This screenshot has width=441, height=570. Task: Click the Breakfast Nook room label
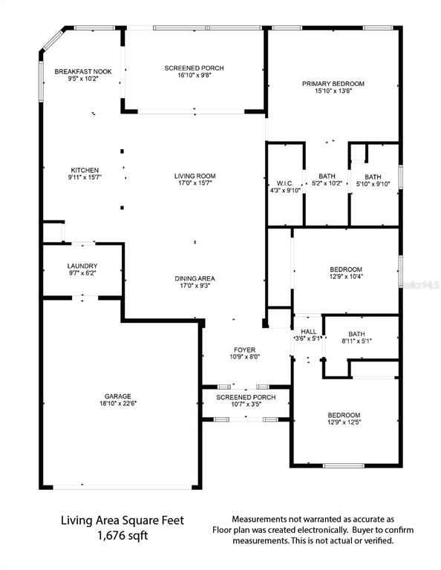pyautogui.click(x=83, y=71)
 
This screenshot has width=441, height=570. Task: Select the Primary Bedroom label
pyautogui.click(x=332, y=83)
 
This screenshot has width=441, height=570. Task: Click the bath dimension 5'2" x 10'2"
pyautogui.click(x=327, y=183)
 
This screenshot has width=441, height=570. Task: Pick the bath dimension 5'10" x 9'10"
pyautogui.click(x=373, y=183)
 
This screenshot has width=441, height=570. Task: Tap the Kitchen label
pyautogui.click(x=85, y=170)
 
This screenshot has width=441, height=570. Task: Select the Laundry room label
pyautogui.click(x=82, y=266)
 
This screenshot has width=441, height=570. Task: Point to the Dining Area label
pyautogui.click(x=195, y=278)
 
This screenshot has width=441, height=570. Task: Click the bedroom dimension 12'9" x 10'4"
pyautogui.click(x=346, y=277)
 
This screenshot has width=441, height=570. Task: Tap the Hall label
pyautogui.click(x=309, y=331)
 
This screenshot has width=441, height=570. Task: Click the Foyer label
pyautogui.click(x=245, y=349)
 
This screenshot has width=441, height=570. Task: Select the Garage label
pyautogui.click(x=120, y=396)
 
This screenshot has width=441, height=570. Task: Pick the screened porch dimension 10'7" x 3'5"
pyautogui.click(x=246, y=404)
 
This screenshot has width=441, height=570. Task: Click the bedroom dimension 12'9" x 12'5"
pyautogui.click(x=344, y=423)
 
